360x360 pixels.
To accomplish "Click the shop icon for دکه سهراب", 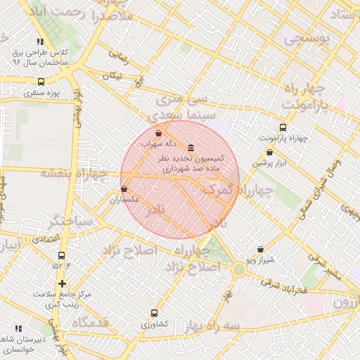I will (x=158, y=132).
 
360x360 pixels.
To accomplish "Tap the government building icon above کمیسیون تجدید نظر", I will (x=191, y=148).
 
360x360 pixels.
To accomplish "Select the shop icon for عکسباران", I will (x=124, y=188).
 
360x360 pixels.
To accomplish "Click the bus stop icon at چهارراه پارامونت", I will (x=283, y=127).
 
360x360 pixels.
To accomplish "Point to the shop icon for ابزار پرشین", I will (x=269, y=152).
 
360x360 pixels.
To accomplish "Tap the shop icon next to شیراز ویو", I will (x=261, y=249).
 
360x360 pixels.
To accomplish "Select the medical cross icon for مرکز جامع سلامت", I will (x=63, y=283).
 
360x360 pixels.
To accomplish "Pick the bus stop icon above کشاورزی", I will (x=154, y=313).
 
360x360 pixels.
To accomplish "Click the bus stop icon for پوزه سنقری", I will (x=41, y=82).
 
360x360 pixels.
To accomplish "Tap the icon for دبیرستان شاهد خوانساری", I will (x=18, y=328).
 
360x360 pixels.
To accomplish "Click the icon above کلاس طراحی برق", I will (x=40, y=42).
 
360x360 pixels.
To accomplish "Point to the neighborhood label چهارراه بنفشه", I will (x=73, y=172).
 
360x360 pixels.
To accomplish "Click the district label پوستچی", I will (x=307, y=40).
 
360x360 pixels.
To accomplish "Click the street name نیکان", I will (x=112, y=75).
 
